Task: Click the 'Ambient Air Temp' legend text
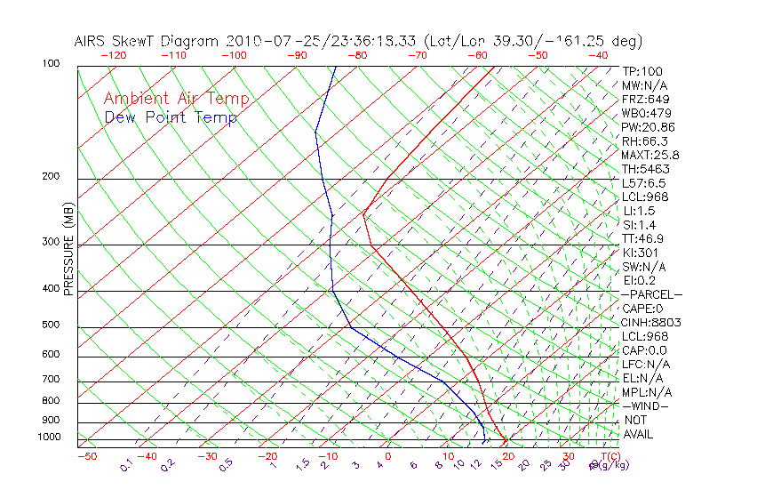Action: coord(176,99)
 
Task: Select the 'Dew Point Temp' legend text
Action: coord(171,117)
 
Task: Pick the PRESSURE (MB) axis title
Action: coord(68,249)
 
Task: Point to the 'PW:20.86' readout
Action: coord(649,127)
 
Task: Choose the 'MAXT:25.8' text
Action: coord(650,155)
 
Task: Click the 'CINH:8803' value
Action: coord(650,322)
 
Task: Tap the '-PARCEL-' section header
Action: coord(651,294)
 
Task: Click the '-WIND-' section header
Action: coord(646,406)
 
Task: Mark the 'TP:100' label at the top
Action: coord(642,71)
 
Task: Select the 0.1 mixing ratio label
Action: coord(126,464)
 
